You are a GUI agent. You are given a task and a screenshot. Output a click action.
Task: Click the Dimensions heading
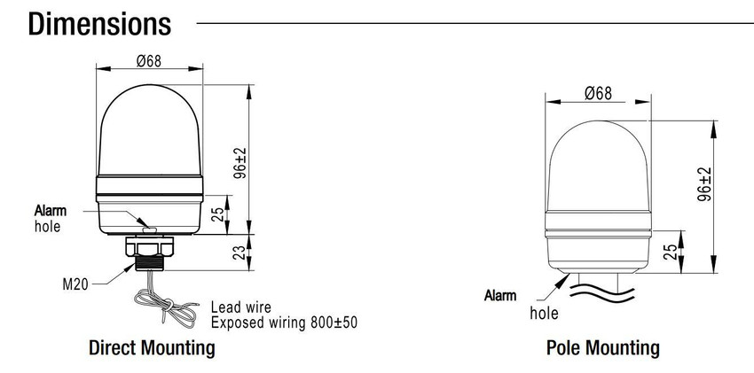(99, 24)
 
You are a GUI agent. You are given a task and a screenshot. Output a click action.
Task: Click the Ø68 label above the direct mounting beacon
(149, 61)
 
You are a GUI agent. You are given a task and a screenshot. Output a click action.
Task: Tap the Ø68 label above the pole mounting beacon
(598, 93)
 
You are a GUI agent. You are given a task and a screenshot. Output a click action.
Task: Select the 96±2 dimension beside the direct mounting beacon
(240, 163)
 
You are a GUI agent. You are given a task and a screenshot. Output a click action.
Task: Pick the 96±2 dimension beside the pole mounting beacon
(704, 184)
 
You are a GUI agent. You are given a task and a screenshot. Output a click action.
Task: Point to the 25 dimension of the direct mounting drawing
(218, 214)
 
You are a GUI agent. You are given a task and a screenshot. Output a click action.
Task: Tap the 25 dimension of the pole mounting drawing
(670, 252)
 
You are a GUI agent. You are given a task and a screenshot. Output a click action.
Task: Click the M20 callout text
(75, 284)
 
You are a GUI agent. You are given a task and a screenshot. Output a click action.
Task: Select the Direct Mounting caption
(152, 347)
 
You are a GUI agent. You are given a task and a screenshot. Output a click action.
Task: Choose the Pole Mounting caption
(603, 347)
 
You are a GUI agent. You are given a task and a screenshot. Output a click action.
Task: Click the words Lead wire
(241, 307)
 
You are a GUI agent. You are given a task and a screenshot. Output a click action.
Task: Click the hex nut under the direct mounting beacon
(150, 245)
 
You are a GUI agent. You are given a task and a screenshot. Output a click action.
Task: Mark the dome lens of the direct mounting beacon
(150, 129)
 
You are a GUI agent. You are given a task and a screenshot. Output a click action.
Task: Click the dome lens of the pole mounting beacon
(598, 166)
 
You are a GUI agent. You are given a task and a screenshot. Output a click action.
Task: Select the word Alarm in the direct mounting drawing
(51, 210)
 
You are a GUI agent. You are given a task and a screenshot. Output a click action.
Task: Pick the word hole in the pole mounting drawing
(545, 314)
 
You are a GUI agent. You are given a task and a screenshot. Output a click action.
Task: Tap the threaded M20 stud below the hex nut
(150, 263)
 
